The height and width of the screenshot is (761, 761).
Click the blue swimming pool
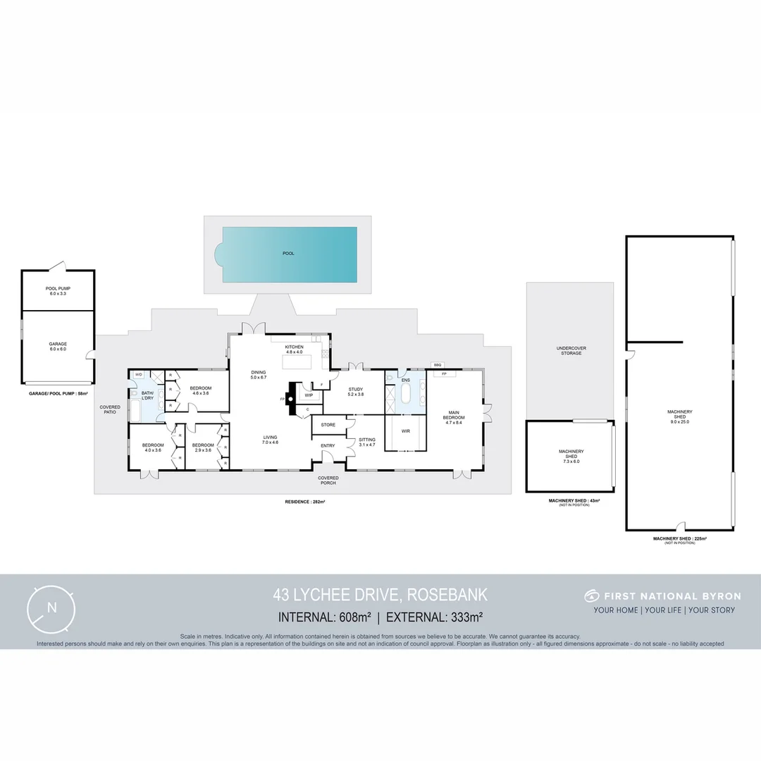coord(289,254)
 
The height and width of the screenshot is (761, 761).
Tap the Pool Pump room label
coord(58,290)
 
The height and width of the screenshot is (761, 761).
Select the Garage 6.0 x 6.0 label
coord(58,347)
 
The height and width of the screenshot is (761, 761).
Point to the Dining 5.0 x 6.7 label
coord(259,375)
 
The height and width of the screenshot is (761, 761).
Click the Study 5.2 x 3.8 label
coord(355,392)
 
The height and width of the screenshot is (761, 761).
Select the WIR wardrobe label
coord(405,430)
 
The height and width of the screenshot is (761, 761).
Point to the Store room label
coord(328,425)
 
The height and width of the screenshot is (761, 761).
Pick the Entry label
coord(328,445)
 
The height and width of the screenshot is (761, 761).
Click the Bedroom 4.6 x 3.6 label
coord(200,390)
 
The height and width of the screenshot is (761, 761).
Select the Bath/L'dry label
coord(147,396)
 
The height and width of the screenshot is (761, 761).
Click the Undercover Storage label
coord(571,350)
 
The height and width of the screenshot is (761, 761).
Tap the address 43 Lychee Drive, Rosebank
coord(380,596)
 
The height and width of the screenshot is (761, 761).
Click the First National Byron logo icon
coord(590,596)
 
